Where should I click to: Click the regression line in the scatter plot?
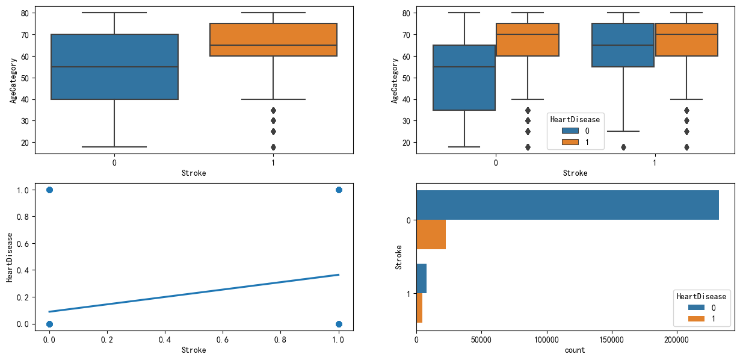(x=194, y=293)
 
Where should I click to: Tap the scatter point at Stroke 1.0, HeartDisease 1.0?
(x=339, y=190)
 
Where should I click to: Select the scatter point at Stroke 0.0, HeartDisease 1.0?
(x=49, y=190)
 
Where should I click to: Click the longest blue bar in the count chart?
(x=567, y=205)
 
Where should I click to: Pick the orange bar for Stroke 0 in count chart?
(x=431, y=234)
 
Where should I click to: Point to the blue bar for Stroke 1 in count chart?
(x=421, y=278)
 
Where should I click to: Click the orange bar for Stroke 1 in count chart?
(x=419, y=308)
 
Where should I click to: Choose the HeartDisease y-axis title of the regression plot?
(x=10, y=256)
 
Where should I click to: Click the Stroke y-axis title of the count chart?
(x=399, y=256)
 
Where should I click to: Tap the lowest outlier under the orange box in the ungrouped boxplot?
(x=273, y=147)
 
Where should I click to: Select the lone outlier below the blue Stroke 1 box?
(x=623, y=147)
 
